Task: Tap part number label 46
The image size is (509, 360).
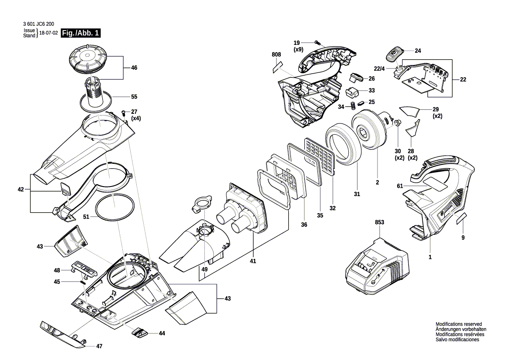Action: coord(134,68)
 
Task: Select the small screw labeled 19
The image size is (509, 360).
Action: coord(317,43)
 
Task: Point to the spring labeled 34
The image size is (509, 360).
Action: coord(354,106)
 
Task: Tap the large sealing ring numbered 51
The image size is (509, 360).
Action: coord(114,208)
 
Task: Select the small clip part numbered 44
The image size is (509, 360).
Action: coord(140,333)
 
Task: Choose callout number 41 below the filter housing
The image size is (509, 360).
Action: coord(253,261)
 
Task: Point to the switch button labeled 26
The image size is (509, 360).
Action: coord(357,78)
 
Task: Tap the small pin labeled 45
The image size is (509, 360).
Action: coord(82,282)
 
